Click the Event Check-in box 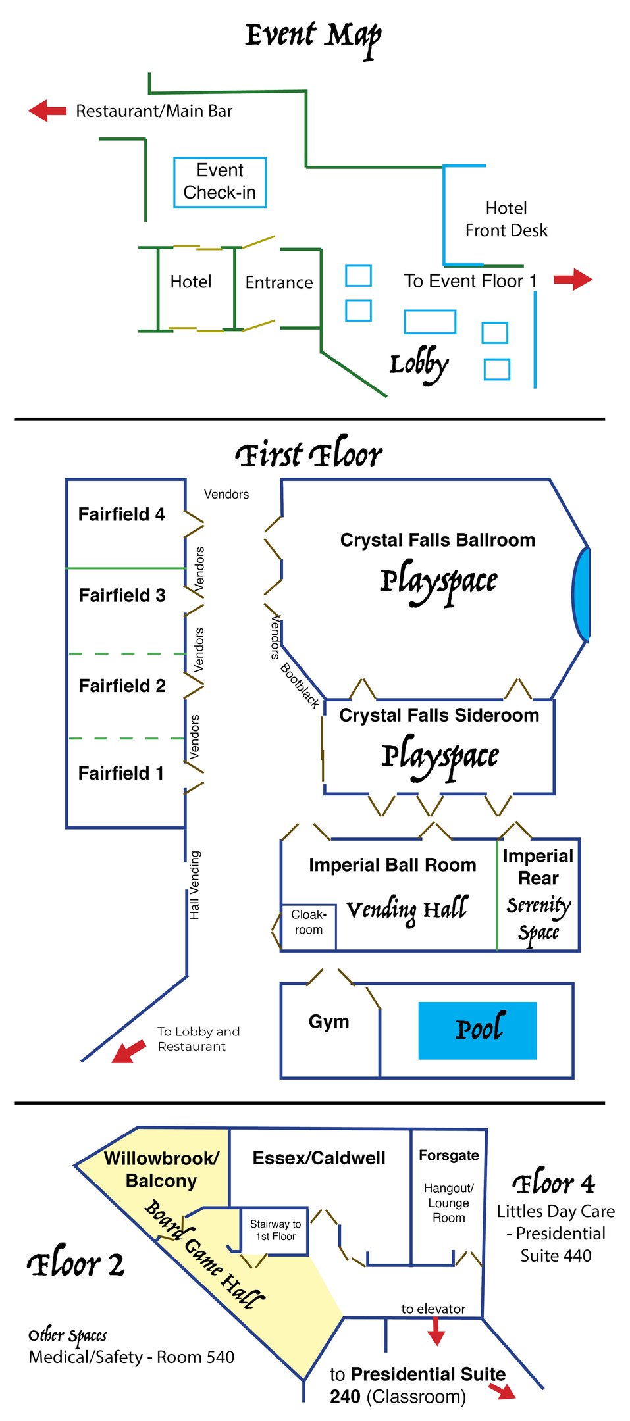[x=220, y=182]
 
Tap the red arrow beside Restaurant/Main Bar [x=47, y=111]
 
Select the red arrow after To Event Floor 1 [x=573, y=280]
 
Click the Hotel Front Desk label [x=506, y=219]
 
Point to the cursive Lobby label [x=419, y=365]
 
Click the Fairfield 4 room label [x=122, y=514]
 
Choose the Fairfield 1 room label [x=121, y=773]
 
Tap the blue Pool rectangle [x=477, y=1030]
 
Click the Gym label [x=329, y=1022]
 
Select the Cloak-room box [x=309, y=922]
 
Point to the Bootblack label [x=300, y=686]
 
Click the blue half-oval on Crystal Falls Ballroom [x=581, y=594]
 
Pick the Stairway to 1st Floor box [x=275, y=1230]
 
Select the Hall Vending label [x=195, y=885]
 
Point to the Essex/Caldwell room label [x=319, y=1158]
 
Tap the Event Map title [x=313, y=36]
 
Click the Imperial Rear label [x=538, y=867]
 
